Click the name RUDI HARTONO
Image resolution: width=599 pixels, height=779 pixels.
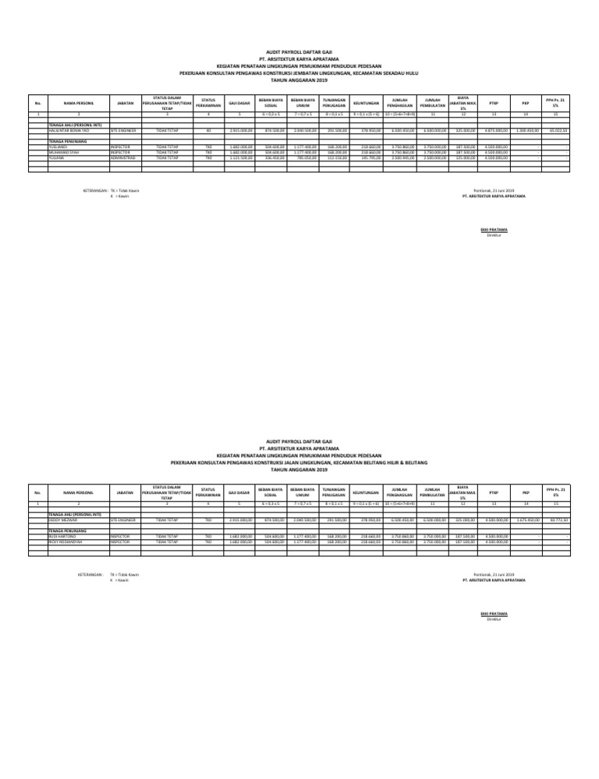[60, 534]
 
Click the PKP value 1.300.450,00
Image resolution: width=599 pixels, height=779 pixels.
[526, 131]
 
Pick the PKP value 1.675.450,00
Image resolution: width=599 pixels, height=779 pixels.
[527, 518]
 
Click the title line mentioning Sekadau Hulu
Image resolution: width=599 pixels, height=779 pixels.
[299, 74]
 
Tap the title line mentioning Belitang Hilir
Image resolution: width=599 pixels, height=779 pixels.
[299, 460]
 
